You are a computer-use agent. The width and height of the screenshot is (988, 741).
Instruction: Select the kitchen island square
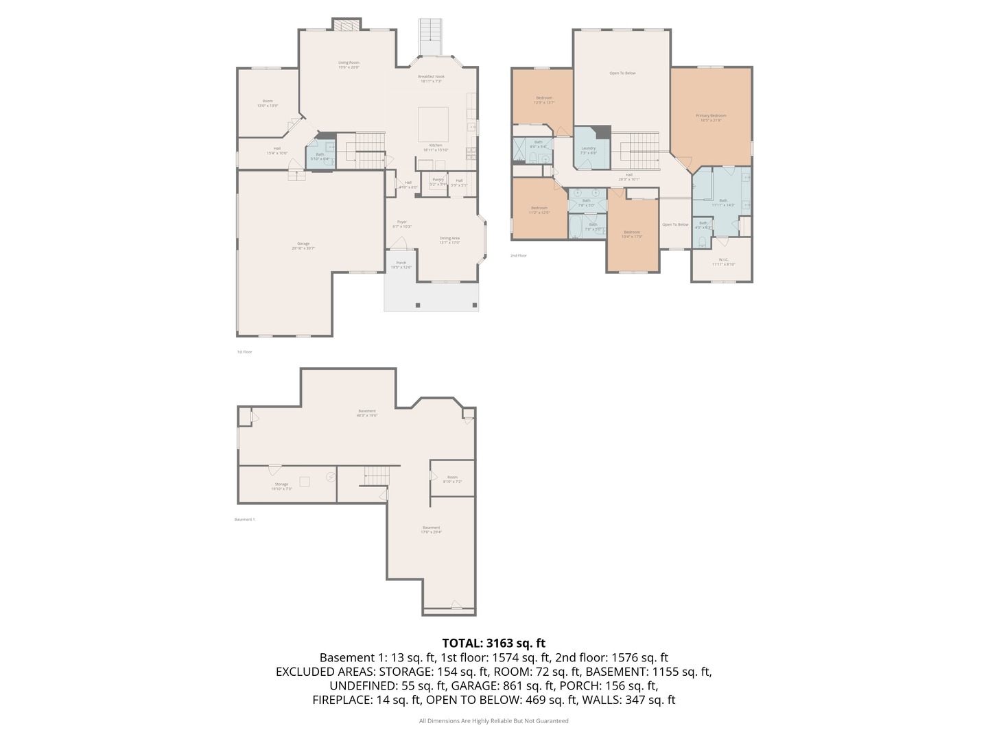coord(434,124)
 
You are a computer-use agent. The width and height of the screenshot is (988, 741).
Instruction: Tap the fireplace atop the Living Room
coord(346,25)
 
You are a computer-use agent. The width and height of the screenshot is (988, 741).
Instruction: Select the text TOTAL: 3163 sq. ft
coord(493,643)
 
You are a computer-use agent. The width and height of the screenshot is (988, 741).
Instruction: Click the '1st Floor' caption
coord(244,352)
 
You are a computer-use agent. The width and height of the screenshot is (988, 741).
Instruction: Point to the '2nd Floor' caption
coord(518,256)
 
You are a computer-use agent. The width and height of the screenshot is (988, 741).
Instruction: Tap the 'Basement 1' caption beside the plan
coord(244,519)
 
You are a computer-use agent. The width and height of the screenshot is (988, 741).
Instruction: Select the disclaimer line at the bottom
coord(493,721)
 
